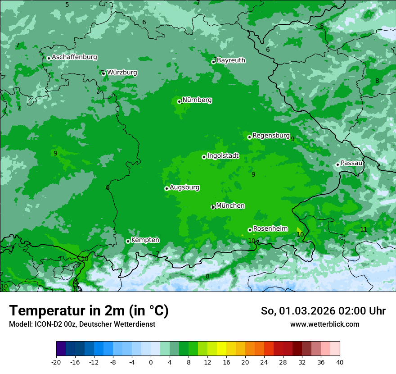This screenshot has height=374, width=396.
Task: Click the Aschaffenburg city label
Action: pyautogui.click(x=74, y=57)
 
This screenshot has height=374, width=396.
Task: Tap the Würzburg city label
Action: pyautogui.click(x=122, y=72)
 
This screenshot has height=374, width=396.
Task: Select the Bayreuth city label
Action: pyautogui.click(x=231, y=60)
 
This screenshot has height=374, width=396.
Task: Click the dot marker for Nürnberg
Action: pyautogui.click(x=179, y=101)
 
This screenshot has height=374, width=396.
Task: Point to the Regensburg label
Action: pyautogui.click(x=271, y=135)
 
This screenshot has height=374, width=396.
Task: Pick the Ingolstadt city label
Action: pyautogui.click(x=223, y=155)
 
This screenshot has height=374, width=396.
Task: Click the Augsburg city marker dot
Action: pyautogui.click(x=166, y=188)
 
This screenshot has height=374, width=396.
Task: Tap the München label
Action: pyautogui.click(x=230, y=205)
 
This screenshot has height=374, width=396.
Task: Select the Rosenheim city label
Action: pyautogui.click(x=270, y=228)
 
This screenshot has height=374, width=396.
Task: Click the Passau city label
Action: pyautogui.click(x=351, y=163)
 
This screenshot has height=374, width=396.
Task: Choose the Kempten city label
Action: pyautogui.click(x=145, y=240)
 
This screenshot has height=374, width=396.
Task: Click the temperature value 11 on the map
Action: pyautogui.click(x=364, y=229)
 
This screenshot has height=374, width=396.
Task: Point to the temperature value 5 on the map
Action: pyautogui.click(x=67, y=5)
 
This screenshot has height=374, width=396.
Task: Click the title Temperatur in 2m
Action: pyautogui.click(x=89, y=310)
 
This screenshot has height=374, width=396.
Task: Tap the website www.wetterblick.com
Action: pyautogui.click(x=324, y=324)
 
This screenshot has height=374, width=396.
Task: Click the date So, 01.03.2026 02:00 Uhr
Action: pyautogui.click(x=323, y=311)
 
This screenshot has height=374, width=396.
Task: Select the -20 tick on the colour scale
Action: pyautogui.click(x=56, y=362)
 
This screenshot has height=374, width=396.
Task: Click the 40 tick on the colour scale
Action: pyautogui.click(x=340, y=362)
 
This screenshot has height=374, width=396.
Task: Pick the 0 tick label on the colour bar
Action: pyautogui.click(x=151, y=362)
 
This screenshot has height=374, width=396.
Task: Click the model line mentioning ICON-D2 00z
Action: pyautogui.click(x=82, y=324)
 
